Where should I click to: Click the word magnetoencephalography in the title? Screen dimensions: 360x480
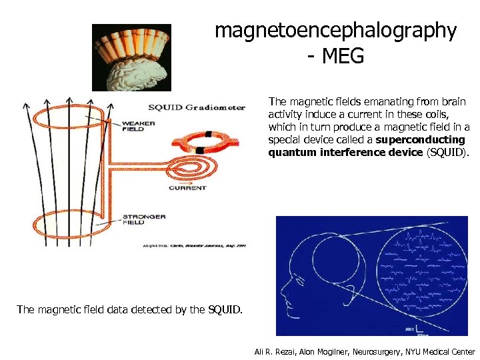[x=335, y=31]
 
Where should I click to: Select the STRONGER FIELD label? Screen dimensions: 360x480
[x=143, y=220]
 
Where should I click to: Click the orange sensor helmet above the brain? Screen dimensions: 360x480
[x=131, y=43]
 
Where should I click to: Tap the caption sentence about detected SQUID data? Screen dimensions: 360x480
[x=130, y=309]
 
